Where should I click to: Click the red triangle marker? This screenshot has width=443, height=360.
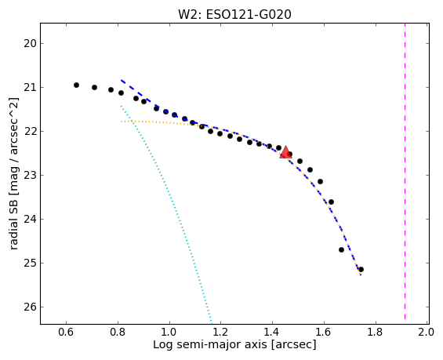pos(285,153)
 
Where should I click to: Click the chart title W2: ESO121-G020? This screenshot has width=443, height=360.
pos(234,14)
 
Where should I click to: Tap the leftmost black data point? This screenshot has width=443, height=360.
pos(76,85)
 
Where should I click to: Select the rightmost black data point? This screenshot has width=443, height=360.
pos(361,269)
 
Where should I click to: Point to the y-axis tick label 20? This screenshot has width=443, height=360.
pos(29,43)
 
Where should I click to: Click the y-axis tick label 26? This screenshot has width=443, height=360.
pos(29,307)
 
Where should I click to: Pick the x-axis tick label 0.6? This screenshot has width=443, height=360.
pos(66,332)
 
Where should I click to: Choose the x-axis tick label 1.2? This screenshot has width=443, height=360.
pos(220,332)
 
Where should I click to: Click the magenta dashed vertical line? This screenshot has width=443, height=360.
pos(405,171)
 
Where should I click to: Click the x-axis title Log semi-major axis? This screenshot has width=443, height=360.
pos(210,345)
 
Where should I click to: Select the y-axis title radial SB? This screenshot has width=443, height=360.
pos(13,223)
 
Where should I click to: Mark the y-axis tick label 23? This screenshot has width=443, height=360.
pos(29,176)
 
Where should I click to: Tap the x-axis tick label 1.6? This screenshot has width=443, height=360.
pos(324,332)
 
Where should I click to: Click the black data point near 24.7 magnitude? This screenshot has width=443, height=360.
pos(341,249)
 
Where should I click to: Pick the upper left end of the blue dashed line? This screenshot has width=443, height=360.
pos(122,80)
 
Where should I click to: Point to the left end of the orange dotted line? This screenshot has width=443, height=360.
pos(121,122)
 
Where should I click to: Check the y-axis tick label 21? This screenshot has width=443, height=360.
pos(29,88)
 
